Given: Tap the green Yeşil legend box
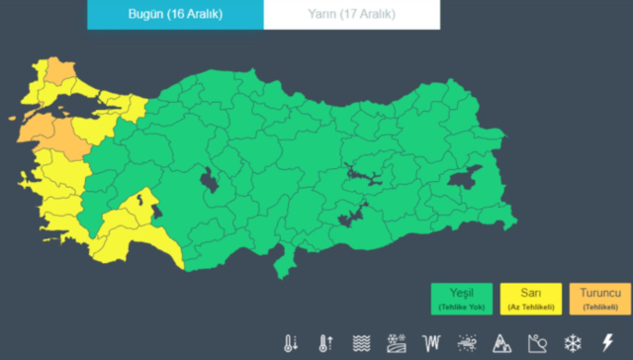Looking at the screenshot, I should point(462,299).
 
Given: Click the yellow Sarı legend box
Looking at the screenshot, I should point(531,299).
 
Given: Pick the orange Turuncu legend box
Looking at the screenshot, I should point(600,299).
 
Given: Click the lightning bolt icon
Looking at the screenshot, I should point(607,343).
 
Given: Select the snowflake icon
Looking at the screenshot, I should point(573,343).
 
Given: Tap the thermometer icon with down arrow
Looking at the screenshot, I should point(291,343).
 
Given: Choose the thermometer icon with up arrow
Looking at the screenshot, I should point(325,343).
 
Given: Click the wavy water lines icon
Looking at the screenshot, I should point(361,343).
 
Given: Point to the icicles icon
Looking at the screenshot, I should point(431,343).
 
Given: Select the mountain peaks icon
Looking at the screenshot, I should point(501,343).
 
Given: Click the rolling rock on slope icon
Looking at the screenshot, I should point(537,343).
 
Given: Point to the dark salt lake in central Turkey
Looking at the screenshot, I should point(211,180).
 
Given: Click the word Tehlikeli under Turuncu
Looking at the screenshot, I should point(600,307).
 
